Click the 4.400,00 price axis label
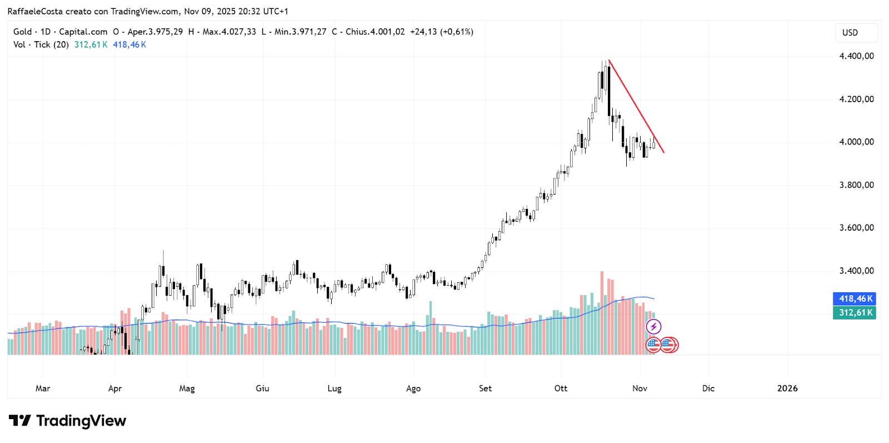click(856, 56)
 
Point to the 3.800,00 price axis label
click(856, 185)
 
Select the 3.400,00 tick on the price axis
click(856, 271)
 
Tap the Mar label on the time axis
click(43, 389)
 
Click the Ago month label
click(413, 389)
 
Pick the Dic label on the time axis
click(708, 389)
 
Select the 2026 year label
click(787, 389)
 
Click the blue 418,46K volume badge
click(855, 299)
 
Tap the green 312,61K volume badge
click(855, 313)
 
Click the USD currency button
click(850, 33)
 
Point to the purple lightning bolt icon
click(653, 327)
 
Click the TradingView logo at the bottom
click(68, 421)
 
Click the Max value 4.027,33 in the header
click(239, 32)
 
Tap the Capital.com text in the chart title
click(83, 32)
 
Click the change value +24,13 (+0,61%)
click(442, 32)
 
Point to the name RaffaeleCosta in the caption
click(35, 11)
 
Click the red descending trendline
click(636, 106)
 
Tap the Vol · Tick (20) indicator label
click(41, 44)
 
